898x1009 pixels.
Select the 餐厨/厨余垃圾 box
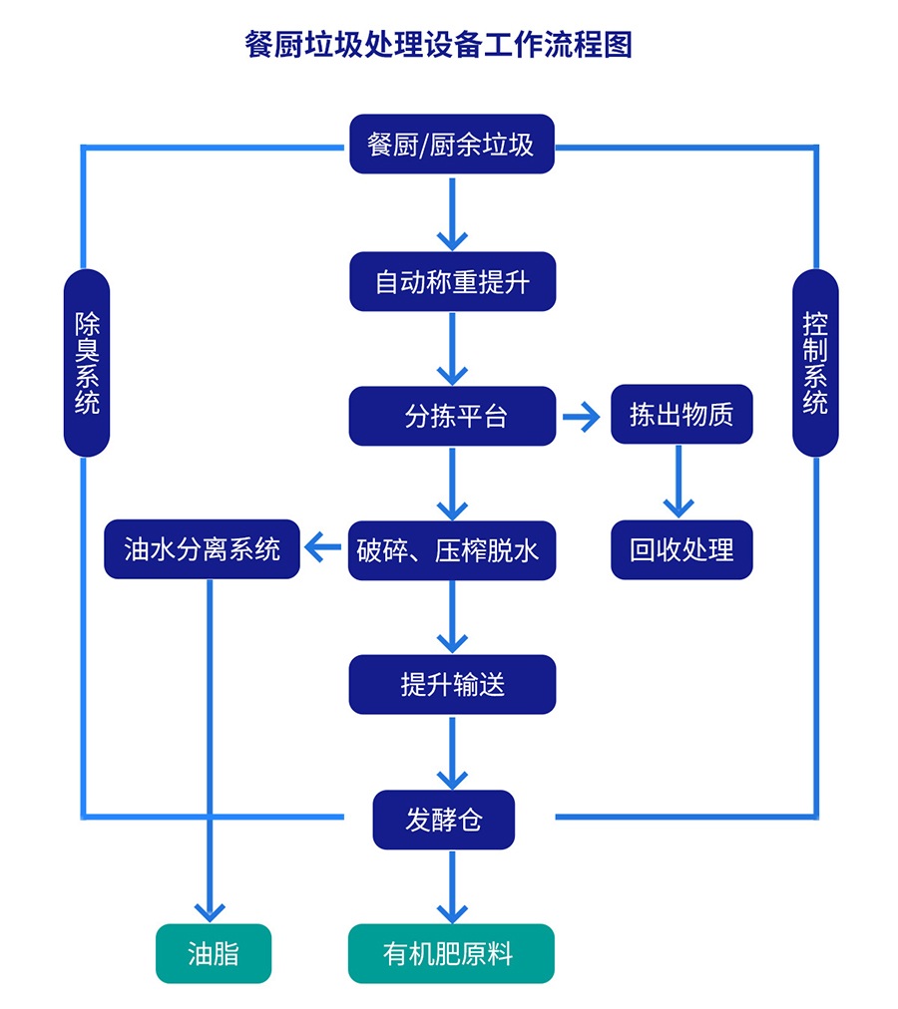[452, 145]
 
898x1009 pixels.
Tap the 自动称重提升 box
[452, 282]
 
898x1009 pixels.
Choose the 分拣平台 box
[452, 416]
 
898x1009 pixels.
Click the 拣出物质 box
[681, 415]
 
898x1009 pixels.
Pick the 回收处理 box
[681, 549]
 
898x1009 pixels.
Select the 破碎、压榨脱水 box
[452, 549]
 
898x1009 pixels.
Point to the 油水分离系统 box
[202, 549]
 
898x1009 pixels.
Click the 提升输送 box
[452, 684]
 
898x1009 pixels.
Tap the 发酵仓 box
[444, 820]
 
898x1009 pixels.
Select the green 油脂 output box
[214, 954]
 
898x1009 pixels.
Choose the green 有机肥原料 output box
[450, 954]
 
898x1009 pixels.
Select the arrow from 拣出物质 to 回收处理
[678, 482]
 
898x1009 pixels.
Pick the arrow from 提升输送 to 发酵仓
[452, 752]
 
